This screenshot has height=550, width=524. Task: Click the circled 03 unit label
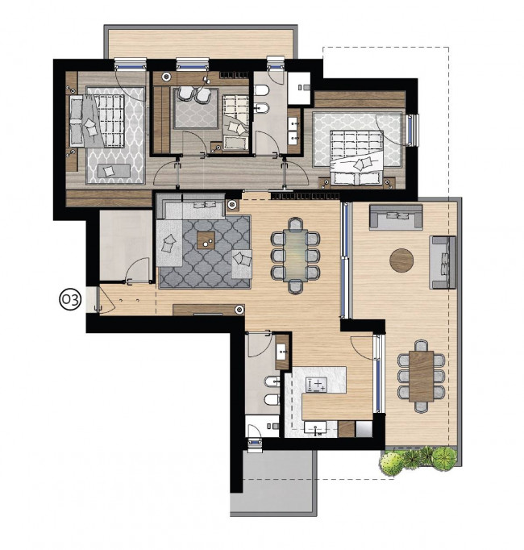point(70,300)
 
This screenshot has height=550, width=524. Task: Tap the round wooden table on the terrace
point(401,260)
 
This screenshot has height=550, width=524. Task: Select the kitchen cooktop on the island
point(316,385)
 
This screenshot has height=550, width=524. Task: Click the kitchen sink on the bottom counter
point(315,428)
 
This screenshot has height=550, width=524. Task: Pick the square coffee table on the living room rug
point(206,240)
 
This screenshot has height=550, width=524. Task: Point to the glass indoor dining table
point(295,255)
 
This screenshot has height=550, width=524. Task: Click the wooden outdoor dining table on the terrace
point(421,376)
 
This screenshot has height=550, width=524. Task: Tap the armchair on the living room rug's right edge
point(242,264)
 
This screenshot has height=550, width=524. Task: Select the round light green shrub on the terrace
point(391,464)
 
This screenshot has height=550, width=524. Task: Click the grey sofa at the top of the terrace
point(396,217)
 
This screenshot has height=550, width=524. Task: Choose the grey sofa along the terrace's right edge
point(443,262)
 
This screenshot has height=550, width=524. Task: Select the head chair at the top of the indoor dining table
point(295,223)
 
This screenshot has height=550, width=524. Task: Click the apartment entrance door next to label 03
point(105,299)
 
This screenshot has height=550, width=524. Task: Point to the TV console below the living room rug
point(209,310)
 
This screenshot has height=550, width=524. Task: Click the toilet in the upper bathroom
point(261,90)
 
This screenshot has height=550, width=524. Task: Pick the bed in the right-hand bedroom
point(357,157)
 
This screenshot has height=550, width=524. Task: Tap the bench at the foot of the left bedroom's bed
point(114,170)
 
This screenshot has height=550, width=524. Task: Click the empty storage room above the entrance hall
point(124,245)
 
